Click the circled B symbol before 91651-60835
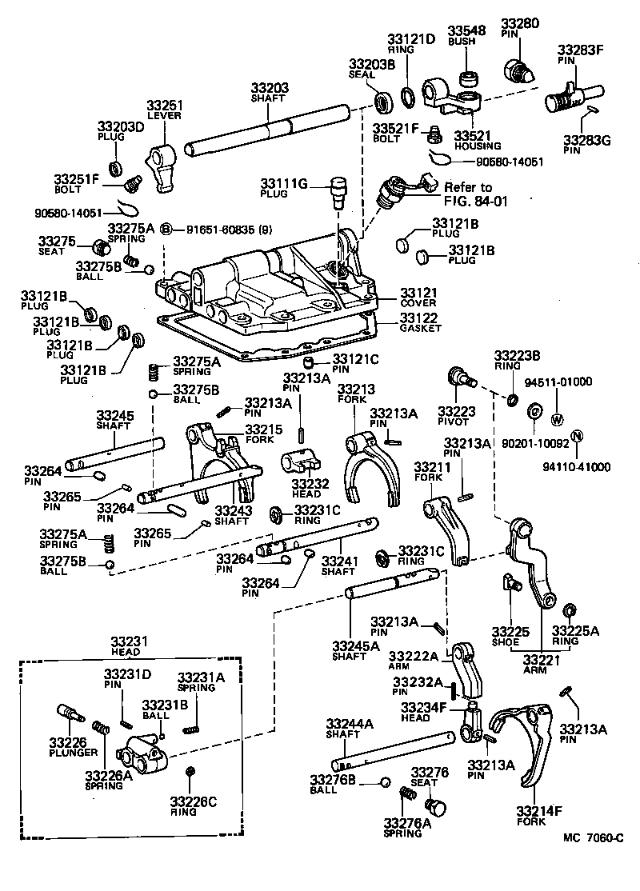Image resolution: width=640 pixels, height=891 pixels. pos(166,230)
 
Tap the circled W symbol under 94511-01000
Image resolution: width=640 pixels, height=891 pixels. pos(558,419)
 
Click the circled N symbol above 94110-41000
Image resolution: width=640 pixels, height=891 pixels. pos(578,437)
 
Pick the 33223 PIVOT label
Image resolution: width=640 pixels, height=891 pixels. pos(457,416)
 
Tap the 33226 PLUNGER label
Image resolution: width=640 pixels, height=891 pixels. pos(73,747)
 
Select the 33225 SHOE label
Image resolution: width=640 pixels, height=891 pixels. pos(510,637)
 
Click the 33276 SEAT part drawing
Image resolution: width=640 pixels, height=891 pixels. pos(437,805)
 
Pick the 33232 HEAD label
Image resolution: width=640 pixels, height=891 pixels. pos(306,489)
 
